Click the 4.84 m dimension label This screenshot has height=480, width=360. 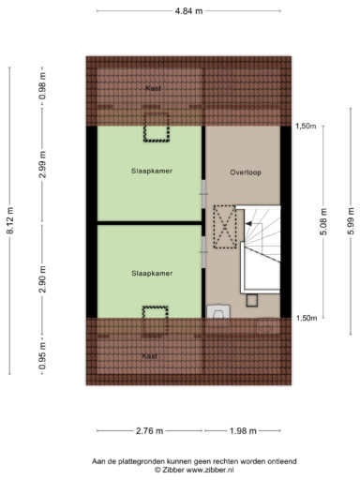click(188, 11)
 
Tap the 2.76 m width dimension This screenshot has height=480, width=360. click(149, 431)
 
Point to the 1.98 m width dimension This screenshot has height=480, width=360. click(243, 431)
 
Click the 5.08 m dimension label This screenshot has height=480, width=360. click(324, 222)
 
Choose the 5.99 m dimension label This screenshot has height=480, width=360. click(351, 221)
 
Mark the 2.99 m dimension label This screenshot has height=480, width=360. click(43, 164)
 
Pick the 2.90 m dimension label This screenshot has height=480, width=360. click(43, 279)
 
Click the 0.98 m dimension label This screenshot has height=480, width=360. click(43, 86)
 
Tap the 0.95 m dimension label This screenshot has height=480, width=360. click(43, 355)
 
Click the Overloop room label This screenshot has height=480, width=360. click(246, 172)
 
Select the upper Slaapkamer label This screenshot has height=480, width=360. click(152, 171)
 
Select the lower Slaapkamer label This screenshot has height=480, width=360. click(152, 274)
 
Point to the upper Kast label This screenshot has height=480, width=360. click(153, 88)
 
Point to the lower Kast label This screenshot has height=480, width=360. click(149, 356)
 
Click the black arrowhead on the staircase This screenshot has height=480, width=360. click(248, 223)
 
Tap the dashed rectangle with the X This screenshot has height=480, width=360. click(225, 227)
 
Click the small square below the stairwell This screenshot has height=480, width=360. click(252, 300)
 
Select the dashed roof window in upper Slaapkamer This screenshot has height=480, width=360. click(157, 127)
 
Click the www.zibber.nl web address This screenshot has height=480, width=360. click(210, 470)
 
